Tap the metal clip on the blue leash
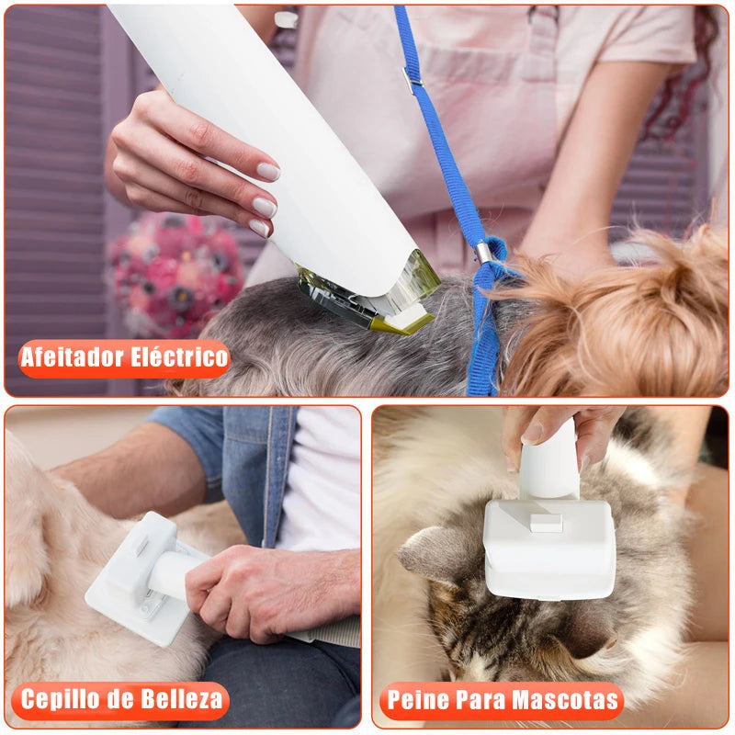(x=481, y=252)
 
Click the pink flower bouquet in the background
(x=175, y=271)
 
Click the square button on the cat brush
(x=545, y=522)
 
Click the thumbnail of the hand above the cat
(x=533, y=432)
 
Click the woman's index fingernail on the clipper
(x=267, y=172)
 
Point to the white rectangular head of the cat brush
(x=549, y=551)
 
